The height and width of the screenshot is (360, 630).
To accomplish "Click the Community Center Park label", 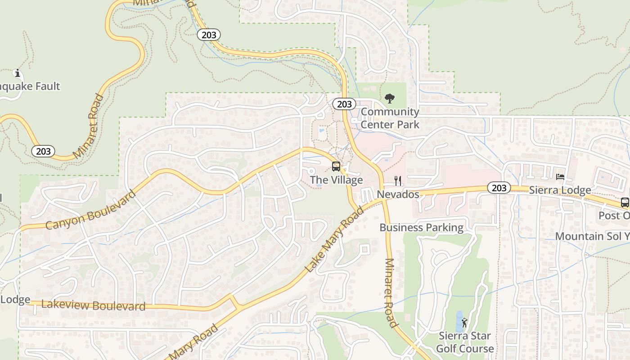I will (x=390, y=118).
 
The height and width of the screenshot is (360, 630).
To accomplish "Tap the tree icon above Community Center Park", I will (x=390, y=99).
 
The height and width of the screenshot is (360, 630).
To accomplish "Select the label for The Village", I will (x=336, y=180).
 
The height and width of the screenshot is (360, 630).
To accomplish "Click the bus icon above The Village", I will (x=336, y=166).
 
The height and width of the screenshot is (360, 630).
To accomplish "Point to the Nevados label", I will (x=398, y=194).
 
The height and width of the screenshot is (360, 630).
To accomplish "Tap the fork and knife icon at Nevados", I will (x=398, y=181).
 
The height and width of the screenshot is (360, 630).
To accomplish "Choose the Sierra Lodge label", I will (x=560, y=190).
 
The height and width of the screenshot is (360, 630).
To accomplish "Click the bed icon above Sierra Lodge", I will (x=560, y=177).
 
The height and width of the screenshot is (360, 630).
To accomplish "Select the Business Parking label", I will (x=421, y=227).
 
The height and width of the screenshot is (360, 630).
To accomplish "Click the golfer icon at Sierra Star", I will (x=464, y=323).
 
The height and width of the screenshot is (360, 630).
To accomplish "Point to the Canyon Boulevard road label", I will (x=90, y=210).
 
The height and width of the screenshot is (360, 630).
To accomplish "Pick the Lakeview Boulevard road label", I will (x=93, y=305).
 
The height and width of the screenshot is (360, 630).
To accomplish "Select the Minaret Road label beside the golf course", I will (x=391, y=293).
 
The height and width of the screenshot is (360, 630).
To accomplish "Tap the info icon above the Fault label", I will (x=18, y=73).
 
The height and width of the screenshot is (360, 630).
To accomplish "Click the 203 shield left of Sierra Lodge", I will (x=499, y=188).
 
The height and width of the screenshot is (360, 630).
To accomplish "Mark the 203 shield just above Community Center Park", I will (x=344, y=104).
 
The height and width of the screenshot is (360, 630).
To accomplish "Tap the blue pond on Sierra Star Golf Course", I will (x=459, y=320).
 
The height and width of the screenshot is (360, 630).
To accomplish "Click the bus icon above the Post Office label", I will (x=625, y=202).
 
